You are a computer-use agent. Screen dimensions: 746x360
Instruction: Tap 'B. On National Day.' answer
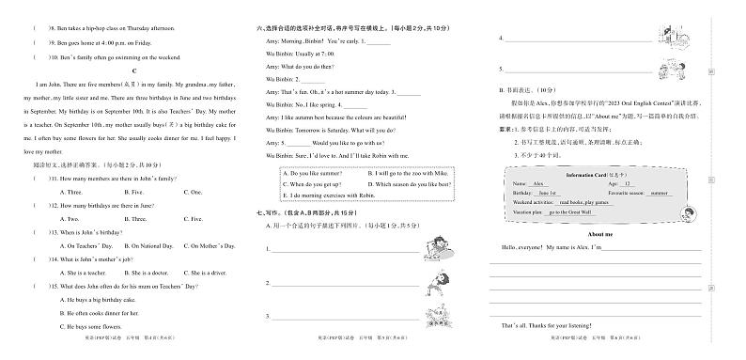click(x=144, y=244)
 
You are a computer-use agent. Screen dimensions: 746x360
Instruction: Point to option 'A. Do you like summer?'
click(x=316, y=173)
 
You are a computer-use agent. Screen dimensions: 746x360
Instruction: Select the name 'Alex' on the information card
click(x=539, y=185)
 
